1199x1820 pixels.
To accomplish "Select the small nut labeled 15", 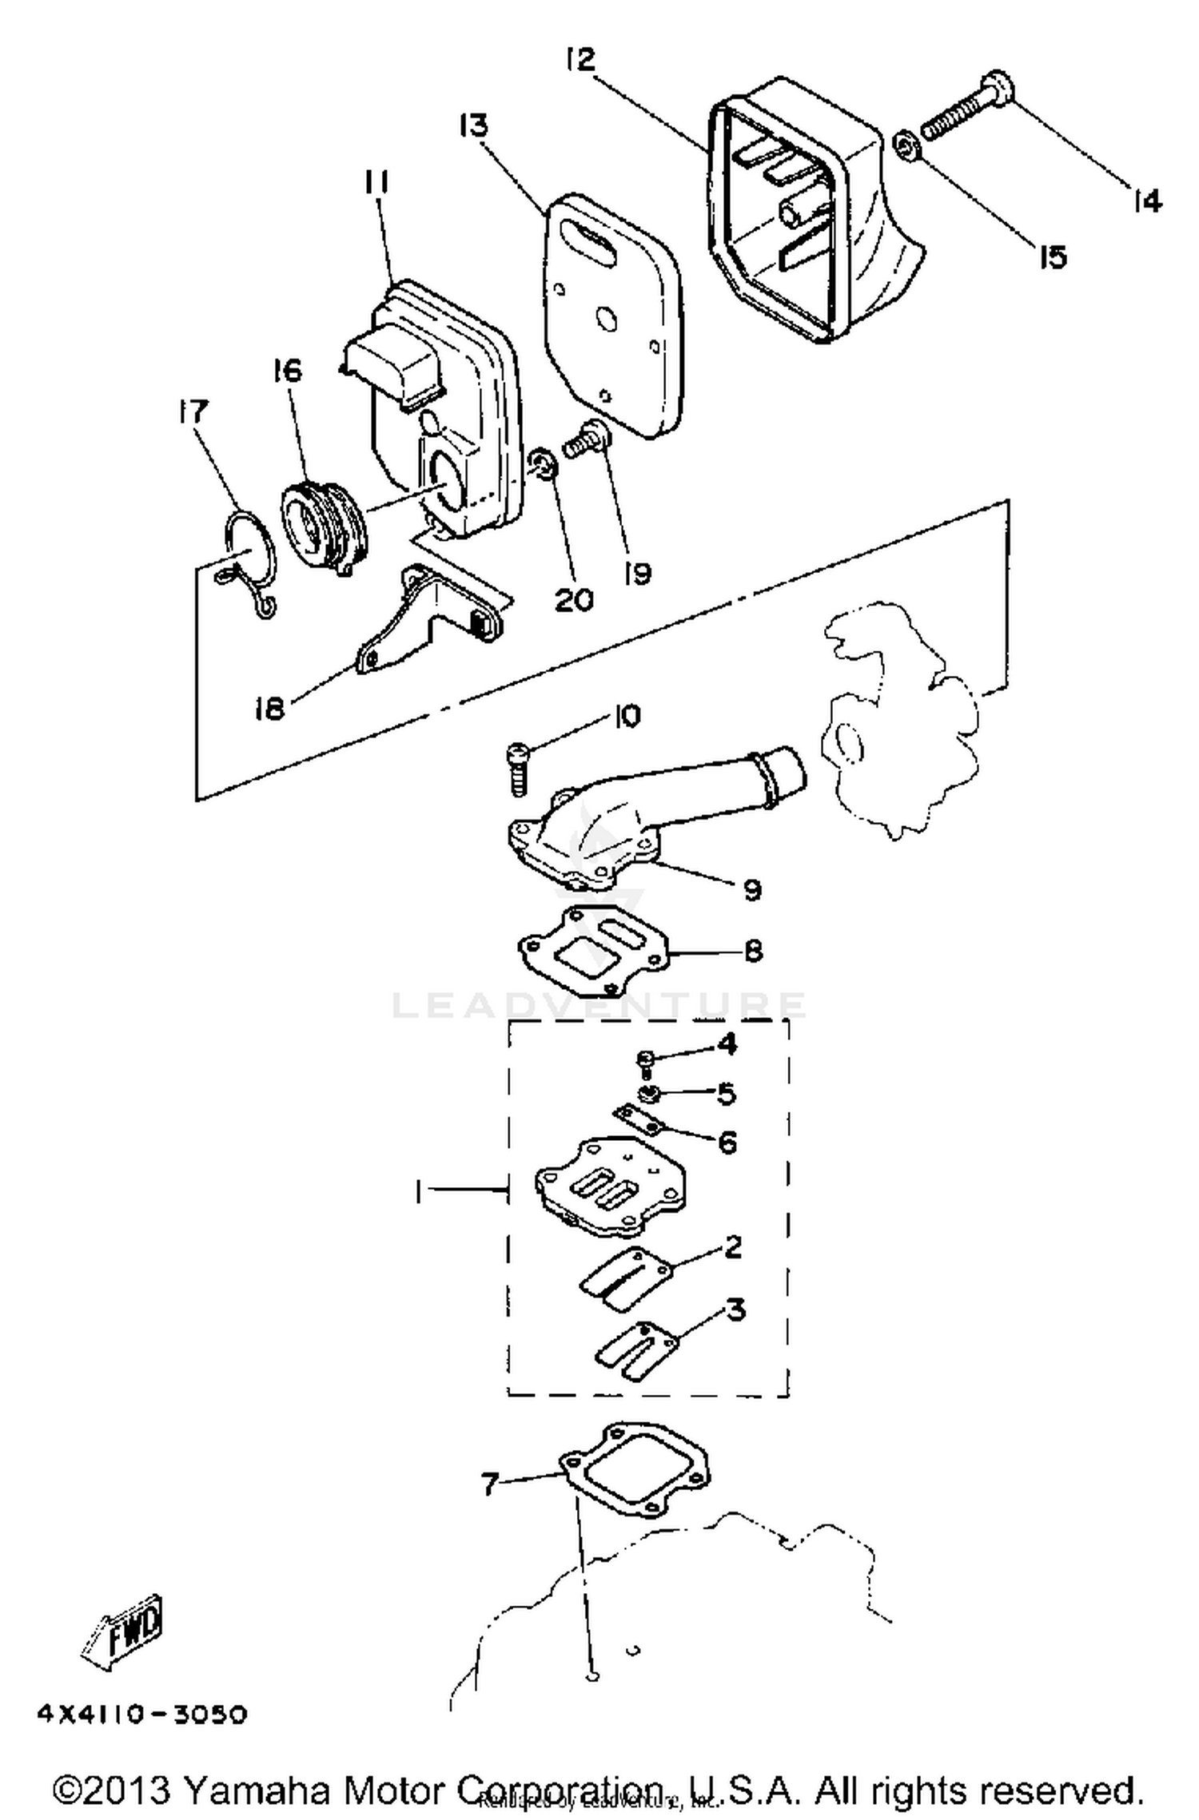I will click(905, 145).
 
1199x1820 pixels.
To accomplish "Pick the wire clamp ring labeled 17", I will click(248, 563).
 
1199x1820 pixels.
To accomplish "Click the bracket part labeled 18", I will click(424, 623).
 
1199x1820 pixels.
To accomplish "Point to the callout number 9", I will click(751, 889).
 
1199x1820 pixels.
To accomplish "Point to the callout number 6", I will click(727, 1142).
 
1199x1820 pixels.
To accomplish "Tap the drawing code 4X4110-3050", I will click(142, 1715).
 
